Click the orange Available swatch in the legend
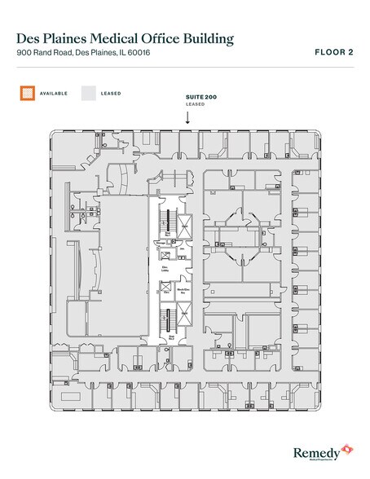point(26,93)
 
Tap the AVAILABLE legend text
point(54,93)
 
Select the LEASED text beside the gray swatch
point(112,93)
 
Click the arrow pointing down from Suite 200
point(187,117)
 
